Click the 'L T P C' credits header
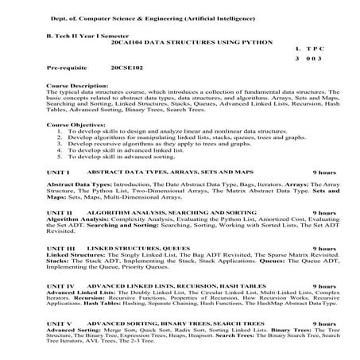[x=308, y=49]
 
